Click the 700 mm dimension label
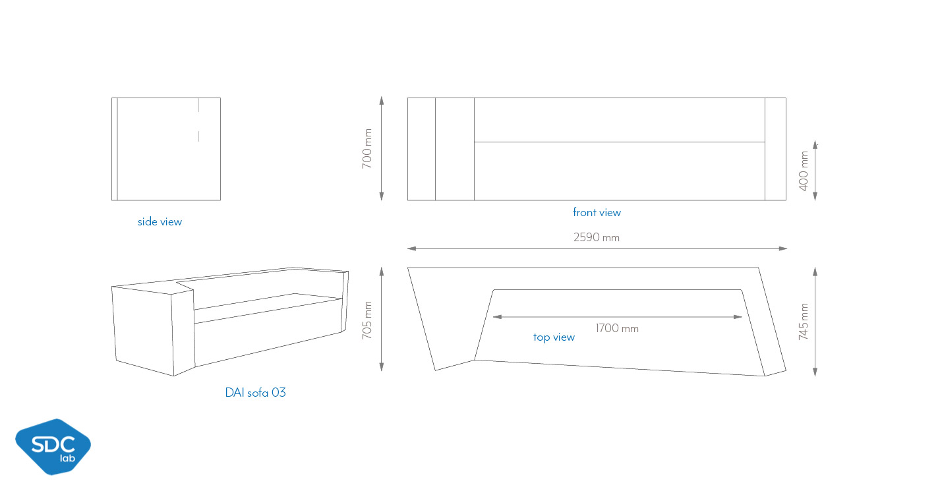click(x=367, y=149)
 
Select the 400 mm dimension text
click(x=803, y=171)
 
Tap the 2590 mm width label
click(x=597, y=237)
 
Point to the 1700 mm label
click(x=617, y=328)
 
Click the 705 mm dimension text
click(x=367, y=320)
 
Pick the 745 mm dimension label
click(x=803, y=322)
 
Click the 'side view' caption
click(x=160, y=222)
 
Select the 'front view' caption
click(x=597, y=213)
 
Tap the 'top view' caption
click(x=554, y=337)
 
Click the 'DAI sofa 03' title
click(x=256, y=393)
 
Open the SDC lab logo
click(x=53, y=447)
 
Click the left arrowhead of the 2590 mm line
click(x=411, y=248)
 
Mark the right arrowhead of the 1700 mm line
click(x=738, y=317)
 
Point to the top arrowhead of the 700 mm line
click(x=382, y=100)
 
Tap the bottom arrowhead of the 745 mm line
click(x=815, y=372)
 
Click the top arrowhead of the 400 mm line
click(x=815, y=145)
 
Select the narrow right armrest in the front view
click(x=775, y=149)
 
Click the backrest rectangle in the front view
click(x=620, y=120)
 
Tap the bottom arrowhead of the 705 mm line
click(x=382, y=367)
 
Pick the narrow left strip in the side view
click(x=115, y=149)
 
